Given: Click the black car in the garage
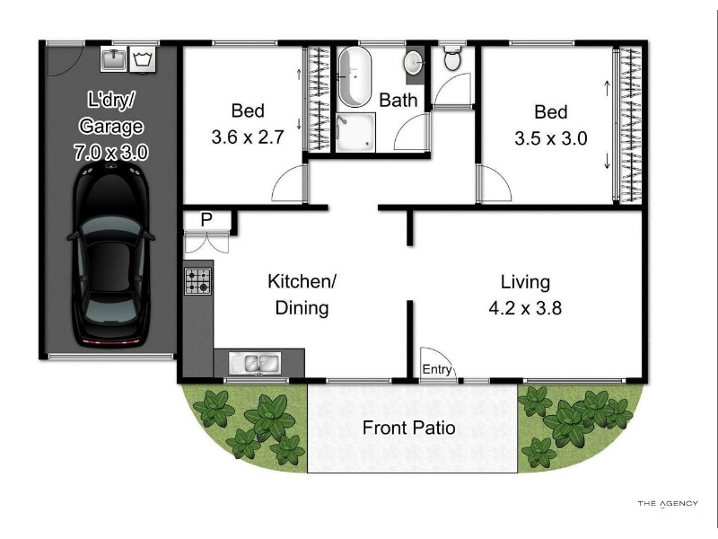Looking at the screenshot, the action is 110,254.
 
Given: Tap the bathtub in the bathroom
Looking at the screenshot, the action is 355,77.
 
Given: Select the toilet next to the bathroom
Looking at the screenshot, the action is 452,58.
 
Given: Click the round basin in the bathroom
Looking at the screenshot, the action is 414,62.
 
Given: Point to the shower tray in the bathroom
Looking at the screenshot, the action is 355,132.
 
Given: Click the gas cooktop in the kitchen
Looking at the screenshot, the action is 197,281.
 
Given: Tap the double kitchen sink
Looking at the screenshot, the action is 255,364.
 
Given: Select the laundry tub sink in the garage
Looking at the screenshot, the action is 114,59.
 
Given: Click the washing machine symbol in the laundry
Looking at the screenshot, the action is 143,59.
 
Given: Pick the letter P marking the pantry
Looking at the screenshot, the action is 206,220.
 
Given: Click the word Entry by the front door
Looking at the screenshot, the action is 437,369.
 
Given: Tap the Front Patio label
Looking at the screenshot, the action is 409,428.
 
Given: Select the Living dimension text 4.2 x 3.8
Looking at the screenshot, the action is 525,308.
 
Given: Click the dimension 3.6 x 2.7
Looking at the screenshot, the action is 248,137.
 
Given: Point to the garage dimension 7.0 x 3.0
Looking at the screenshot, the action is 111,153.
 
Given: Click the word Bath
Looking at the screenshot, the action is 398,101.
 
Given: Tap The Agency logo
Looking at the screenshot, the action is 668,504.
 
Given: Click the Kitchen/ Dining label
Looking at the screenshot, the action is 302,295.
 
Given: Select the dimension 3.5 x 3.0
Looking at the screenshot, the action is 551,138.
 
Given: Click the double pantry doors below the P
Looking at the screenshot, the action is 206,243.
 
